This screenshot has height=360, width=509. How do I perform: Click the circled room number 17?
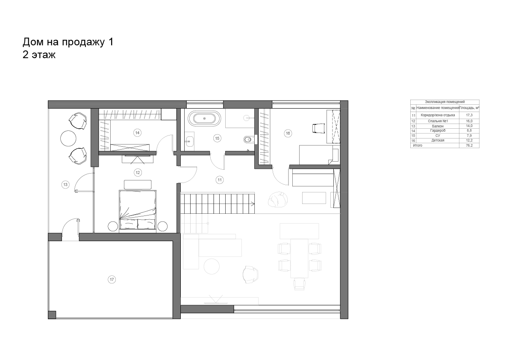[112, 280]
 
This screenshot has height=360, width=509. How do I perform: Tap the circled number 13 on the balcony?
[65, 185]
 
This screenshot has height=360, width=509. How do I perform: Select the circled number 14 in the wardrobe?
[138, 133]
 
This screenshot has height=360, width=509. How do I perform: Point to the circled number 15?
[217, 138]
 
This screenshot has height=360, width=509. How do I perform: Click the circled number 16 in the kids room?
[288, 133]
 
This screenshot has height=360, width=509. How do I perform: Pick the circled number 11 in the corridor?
[220, 180]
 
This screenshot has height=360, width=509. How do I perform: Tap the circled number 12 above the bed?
[138, 172]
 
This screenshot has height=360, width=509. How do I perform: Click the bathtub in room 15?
[204, 118]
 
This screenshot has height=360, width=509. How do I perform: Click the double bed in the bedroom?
[138, 210]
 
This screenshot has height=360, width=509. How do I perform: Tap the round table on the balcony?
[68, 139]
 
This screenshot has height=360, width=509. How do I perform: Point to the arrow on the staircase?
[252, 204]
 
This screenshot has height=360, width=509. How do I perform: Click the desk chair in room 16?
[318, 128]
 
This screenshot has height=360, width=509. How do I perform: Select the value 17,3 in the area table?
[469, 115]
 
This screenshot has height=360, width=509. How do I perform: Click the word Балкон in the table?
[438, 126]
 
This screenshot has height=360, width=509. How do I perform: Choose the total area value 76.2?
[469, 145]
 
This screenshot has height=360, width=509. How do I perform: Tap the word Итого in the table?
[418, 145]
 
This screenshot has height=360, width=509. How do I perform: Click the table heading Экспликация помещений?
[445, 102]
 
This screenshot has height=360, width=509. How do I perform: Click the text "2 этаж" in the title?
[39, 55]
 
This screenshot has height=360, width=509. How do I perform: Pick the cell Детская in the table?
[438, 141]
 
